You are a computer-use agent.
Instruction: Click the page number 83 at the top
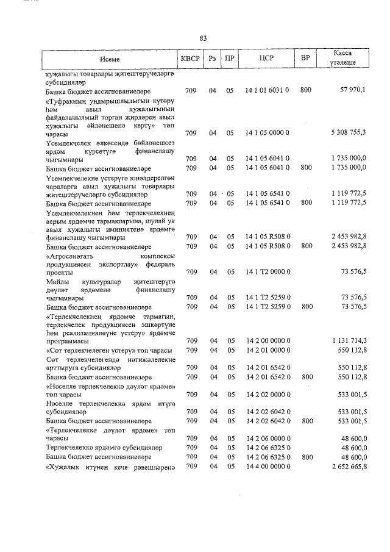203,38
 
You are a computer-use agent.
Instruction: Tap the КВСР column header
190,59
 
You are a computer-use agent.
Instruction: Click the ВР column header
305,59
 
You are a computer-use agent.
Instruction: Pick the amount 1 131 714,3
348,340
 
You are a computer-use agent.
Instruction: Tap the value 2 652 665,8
348,467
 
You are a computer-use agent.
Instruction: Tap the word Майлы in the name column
57,282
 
